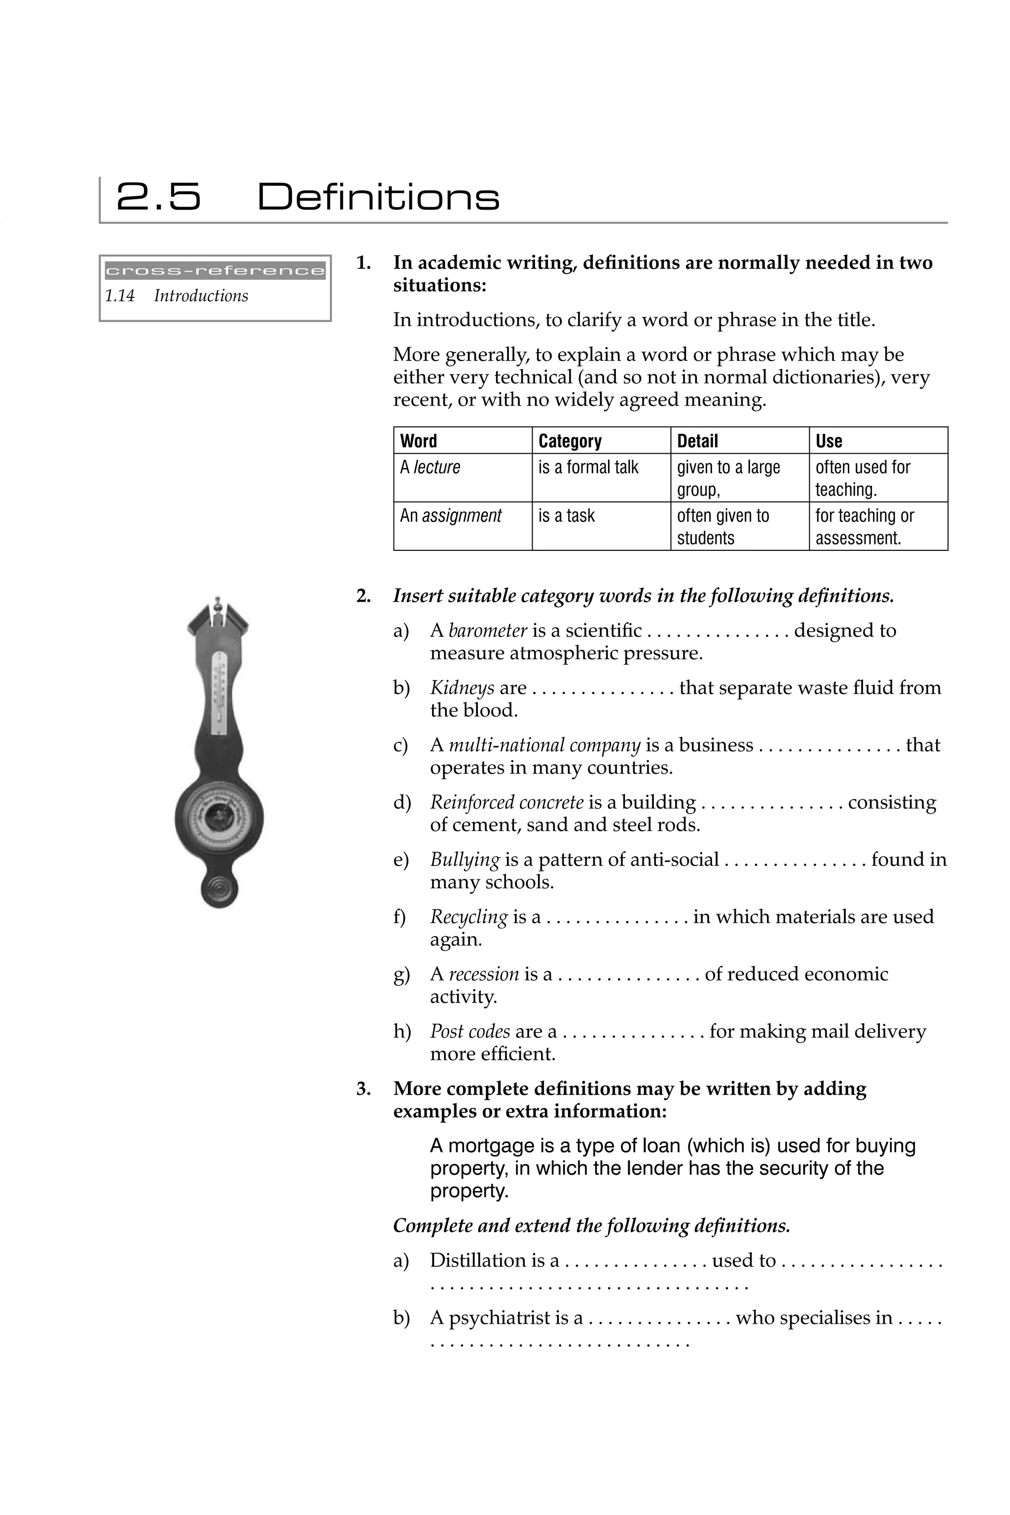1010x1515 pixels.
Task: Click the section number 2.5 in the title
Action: [158, 197]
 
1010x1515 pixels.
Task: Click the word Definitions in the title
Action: [378, 197]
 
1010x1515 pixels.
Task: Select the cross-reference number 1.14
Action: [120, 296]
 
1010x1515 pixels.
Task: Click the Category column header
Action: [570, 441]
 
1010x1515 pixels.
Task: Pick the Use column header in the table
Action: [829, 441]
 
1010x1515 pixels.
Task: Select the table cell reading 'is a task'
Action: [566, 516]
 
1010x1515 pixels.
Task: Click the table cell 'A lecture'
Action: [430, 468]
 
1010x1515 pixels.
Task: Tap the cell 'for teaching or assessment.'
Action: [864, 527]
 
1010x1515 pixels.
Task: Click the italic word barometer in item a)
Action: [488, 631]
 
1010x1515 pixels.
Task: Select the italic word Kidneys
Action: [462, 688]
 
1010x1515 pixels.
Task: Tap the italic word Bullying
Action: [465, 860]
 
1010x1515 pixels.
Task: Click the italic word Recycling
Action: [469, 917]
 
